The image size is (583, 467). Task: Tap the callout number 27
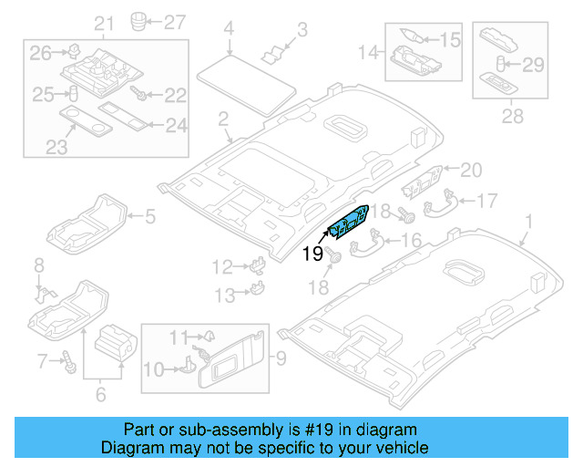[x=173, y=19]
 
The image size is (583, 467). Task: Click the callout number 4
[x=229, y=28]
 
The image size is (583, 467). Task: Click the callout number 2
[x=221, y=119]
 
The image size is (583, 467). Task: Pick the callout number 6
[x=100, y=394]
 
